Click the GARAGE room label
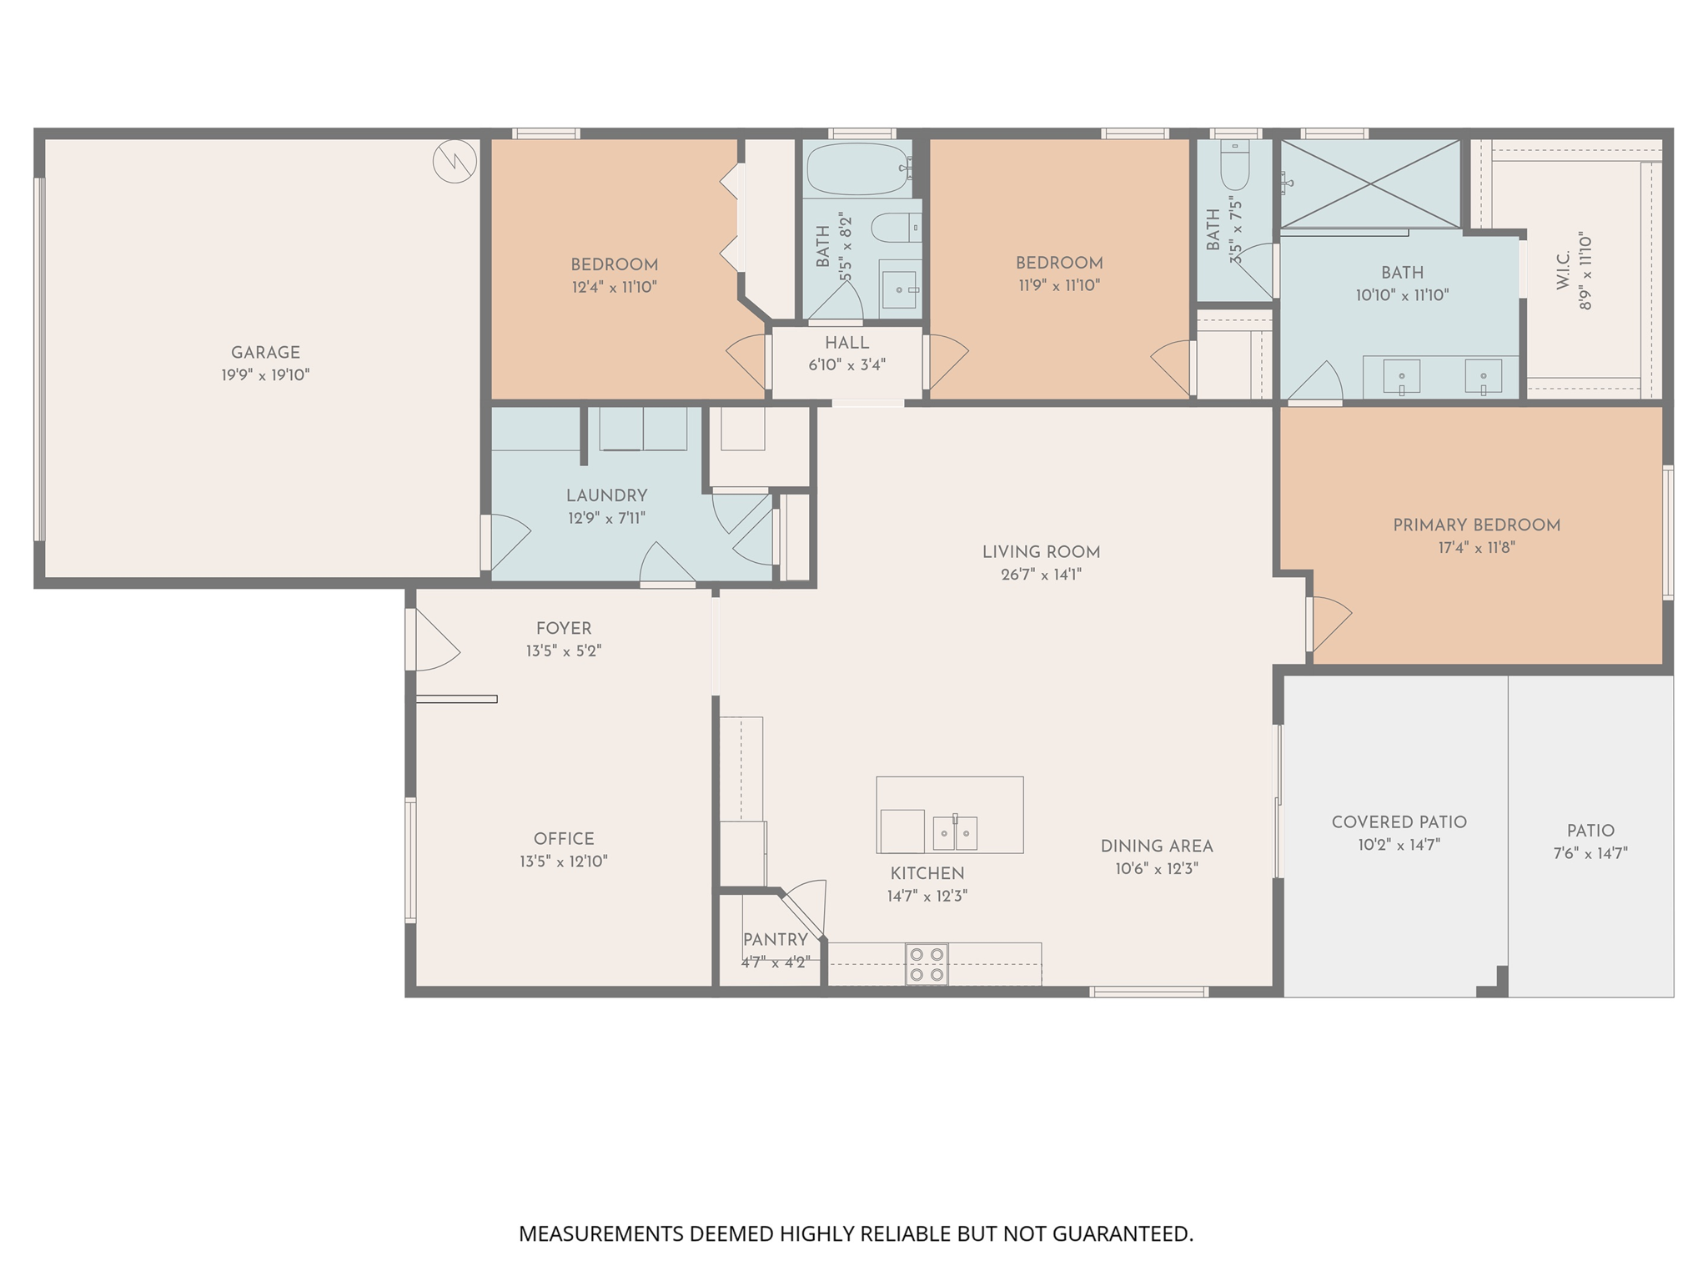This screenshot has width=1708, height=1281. click(x=265, y=353)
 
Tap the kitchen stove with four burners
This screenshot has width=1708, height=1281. click(x=927, y=964)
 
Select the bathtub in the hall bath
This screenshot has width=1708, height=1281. click(x=857, y=169)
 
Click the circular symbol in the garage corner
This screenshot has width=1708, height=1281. click(x=455, y=161)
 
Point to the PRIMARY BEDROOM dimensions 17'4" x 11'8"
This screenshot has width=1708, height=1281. click(x=1476, y=548)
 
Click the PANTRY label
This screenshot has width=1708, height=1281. click(x=775, y=940)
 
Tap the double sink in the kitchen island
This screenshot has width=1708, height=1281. click(x=955, y=831)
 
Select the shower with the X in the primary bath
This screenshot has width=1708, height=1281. click(x=1370, y=183)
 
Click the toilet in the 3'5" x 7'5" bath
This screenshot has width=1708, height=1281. click(x=1235, y=167)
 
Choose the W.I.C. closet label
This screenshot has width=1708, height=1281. click(x=1564, y=270)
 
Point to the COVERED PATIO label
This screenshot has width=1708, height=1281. click(x=1399, y=822)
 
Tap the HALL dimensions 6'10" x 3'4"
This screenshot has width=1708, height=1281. click(x=846, y=365)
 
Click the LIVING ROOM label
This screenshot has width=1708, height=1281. click(x=1041, y=552)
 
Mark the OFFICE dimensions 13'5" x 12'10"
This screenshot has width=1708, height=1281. click(x=564, y=862)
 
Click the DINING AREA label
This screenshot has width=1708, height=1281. click(x=1156, y=846)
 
